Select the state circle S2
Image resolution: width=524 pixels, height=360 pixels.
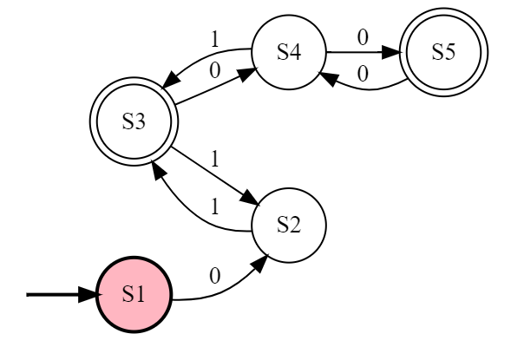288,225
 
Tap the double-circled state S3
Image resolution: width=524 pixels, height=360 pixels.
134,121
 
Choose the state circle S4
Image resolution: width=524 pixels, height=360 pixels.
288,52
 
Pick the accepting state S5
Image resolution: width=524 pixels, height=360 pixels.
444,52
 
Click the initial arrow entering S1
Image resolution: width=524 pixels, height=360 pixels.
61,294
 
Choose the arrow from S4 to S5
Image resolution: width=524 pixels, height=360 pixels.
364,52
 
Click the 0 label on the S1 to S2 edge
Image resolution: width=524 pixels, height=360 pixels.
215,275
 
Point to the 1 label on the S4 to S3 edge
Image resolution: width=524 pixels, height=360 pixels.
215,38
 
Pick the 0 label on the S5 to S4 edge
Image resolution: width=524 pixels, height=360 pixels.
363,75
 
